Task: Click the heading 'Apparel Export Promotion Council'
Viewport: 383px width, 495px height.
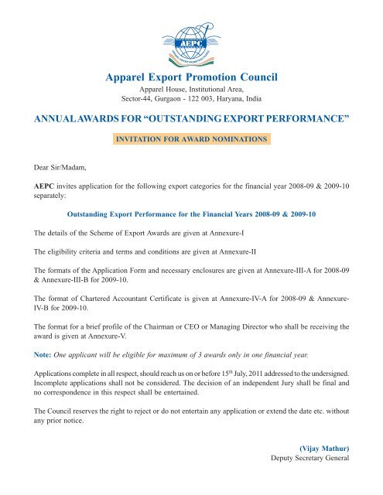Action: (190, 77)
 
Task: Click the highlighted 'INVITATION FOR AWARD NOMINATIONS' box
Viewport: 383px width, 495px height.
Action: (191, 139)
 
